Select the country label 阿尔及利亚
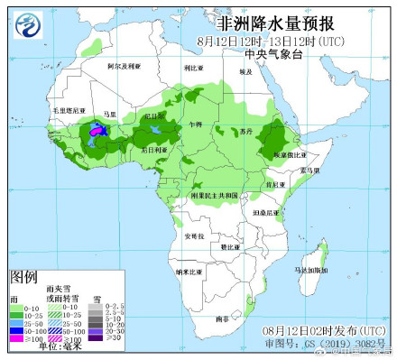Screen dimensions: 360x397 coord(124,67)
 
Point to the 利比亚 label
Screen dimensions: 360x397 coord(190,68)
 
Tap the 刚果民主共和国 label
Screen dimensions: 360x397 coord(215,195)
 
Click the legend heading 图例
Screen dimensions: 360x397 coord(23,275)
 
